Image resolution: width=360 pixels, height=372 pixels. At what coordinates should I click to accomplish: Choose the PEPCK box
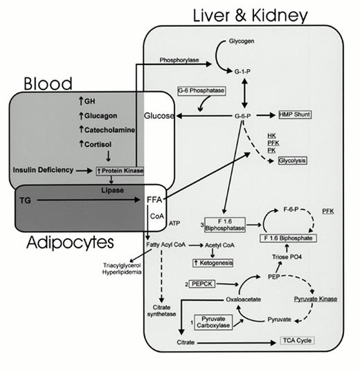[x=208, y=284]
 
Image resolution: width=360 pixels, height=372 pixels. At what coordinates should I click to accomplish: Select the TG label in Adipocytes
[x=23, y=200]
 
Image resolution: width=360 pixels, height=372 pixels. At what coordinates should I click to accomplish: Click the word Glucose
[x=159, y=115]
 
